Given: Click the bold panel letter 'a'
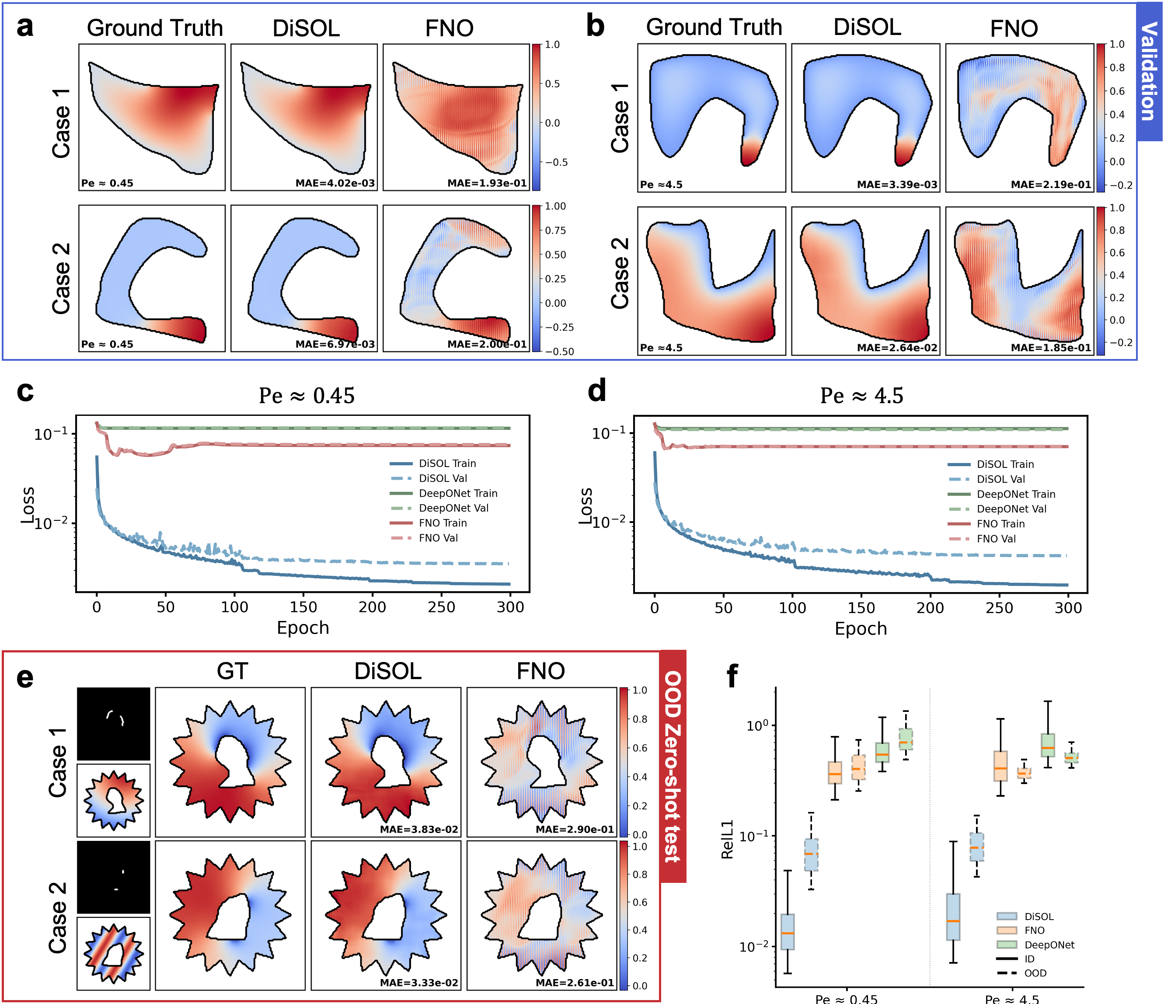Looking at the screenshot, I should [25, 27].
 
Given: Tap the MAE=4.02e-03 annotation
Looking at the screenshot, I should [335, 183].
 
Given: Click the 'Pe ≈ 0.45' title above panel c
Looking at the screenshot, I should [306, 396].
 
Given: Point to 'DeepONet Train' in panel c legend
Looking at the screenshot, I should [458, 493].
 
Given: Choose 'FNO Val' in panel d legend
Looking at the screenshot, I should [996, 539].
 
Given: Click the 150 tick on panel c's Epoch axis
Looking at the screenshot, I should [303, 607].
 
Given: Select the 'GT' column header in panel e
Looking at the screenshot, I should [232, 671].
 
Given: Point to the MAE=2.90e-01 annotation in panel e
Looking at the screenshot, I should [574, 829].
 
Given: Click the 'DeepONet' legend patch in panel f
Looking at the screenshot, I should [1007, 945].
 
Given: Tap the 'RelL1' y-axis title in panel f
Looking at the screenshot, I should [728, 840].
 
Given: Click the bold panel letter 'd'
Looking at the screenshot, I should [596, 390].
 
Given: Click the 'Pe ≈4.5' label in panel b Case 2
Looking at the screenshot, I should [661, 348].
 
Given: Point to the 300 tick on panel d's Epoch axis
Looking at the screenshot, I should [1068, 608].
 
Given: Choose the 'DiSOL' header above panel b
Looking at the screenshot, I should [867, 28].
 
